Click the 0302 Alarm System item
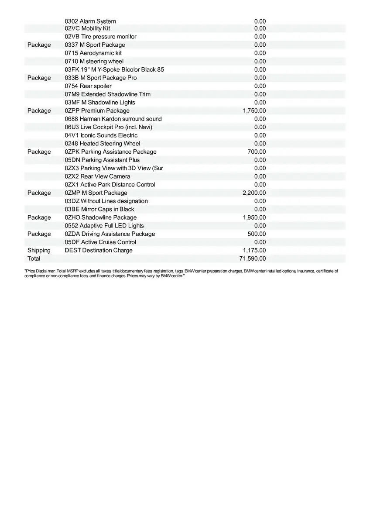point(90,21)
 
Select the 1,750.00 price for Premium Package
point(254,111)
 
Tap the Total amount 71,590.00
point(253,259)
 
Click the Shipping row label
point(39,250)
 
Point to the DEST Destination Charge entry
point(99,250)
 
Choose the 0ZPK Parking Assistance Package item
point(110,152)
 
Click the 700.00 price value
point(257,152)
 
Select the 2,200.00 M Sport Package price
point(254,193)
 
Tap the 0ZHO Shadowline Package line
point(100,217)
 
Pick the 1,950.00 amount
point(254,217)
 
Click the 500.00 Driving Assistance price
point(257,234)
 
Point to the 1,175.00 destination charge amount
point(254,250)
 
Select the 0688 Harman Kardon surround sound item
point(113,119)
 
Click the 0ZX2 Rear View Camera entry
point(97,176)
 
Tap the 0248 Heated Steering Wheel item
point(103,144)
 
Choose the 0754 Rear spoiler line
point(88,86)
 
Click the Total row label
point(34,259)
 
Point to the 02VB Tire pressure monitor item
point(100,37)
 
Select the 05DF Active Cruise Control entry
point(100,242)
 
